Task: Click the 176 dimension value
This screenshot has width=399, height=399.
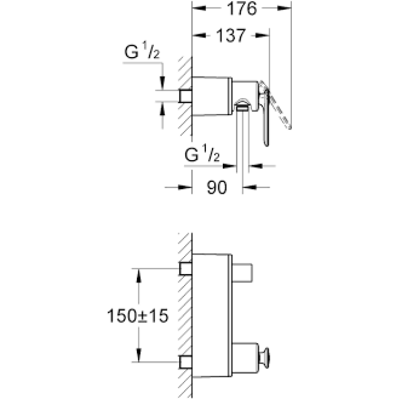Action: (242, 9)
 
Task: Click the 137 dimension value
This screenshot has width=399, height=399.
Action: (231, 35)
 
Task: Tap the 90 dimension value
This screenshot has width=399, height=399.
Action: (217, 188)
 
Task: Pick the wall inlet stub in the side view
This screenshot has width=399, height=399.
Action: (185, 96)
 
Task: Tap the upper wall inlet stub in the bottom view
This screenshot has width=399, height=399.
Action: (185, 268)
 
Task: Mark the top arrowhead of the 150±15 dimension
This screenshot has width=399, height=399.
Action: (137, 273)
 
